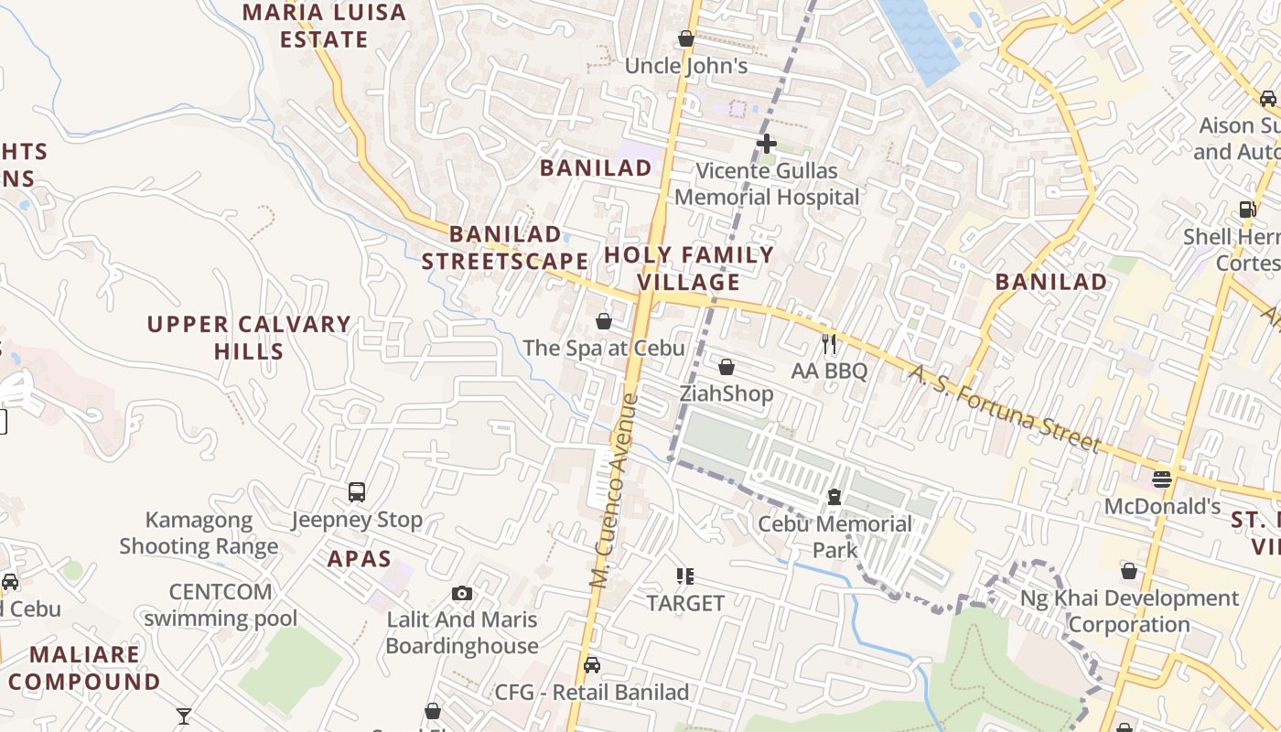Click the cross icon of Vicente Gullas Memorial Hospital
tap(767, 144)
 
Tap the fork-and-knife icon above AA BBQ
tap(829, 344)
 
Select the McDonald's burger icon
tap(1162, 479)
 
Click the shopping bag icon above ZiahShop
tap(727, 367)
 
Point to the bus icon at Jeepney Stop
tap(357, 492)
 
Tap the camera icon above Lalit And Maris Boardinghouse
tap(462, 593)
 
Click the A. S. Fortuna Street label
tap(1005, 408)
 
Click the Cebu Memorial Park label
tap(834, 537)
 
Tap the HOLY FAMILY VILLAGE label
tap(689, 268)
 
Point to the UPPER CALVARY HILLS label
tap(249, 338)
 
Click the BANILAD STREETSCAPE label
tap(505, 248)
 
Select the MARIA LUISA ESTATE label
tap(325, 26)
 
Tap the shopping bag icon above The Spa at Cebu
tap(604, 321)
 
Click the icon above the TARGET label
tap(685, 576)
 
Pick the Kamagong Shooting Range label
tap(199, 533)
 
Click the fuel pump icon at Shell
tap(1247, 209)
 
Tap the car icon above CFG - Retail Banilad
tap(592, 665)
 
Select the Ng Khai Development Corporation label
tap(1129, 611)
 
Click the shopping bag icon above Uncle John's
tap(686, 39)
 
